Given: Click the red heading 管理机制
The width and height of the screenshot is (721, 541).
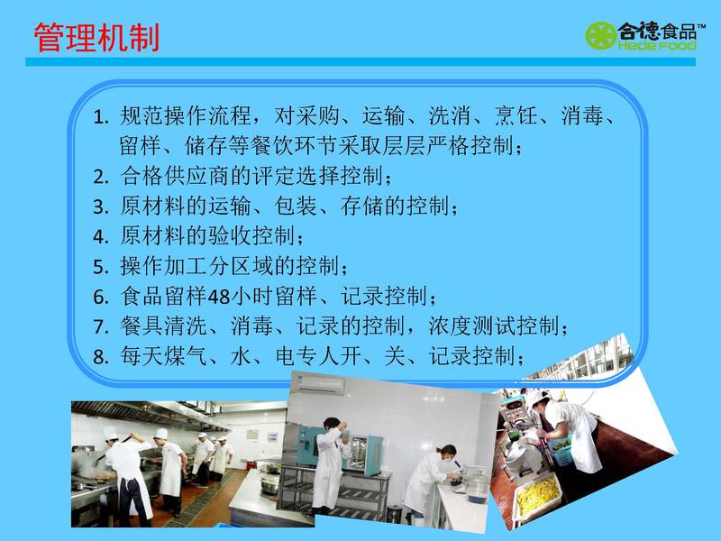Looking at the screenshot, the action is (x=96, y=37).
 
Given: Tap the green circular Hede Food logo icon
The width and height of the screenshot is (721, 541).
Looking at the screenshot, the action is (x=600, y=35).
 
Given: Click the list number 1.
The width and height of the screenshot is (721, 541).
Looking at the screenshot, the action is (x=101, y=117).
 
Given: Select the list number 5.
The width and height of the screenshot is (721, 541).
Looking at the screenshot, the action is (x=101, y=267).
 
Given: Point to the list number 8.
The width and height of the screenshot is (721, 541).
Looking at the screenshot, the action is (x=101, y=357).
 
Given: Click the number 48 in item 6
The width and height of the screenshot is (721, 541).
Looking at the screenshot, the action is (x=219, y=297).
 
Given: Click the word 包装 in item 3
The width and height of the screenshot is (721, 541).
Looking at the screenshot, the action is (x=297, y=206).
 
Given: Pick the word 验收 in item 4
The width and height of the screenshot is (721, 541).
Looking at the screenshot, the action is (x=230, y=235).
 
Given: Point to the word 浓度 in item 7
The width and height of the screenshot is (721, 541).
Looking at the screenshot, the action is (x=450, y=326).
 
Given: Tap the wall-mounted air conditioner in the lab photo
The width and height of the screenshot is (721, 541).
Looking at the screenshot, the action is (x=321, y=385).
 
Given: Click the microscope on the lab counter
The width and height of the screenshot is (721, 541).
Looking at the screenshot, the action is (x=456, y=475).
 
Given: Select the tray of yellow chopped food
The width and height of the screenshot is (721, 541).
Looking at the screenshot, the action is (x=537, y=496).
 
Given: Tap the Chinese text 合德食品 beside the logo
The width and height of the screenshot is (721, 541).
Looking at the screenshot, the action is (x=657, y=32).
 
